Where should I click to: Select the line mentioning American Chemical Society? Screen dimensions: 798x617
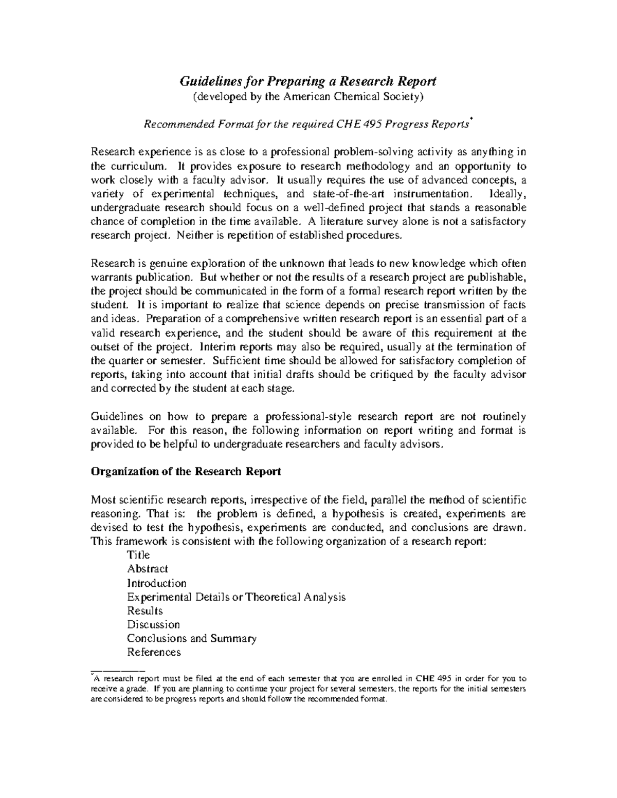[x=307, y=96]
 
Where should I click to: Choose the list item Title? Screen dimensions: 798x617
[x=138, y=555]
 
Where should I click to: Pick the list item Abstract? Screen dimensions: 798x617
[x=147, y=569]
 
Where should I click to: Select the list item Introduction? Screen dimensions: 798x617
[x=156, y=583]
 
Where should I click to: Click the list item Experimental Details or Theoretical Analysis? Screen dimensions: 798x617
[x=236, y=597]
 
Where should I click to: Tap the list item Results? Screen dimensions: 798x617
[x=144, y=611]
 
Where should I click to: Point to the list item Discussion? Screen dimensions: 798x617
[x=153, y=625]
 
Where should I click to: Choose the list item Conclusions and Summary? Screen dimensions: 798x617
[x=191, y=639]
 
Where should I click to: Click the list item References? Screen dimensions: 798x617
[x=154, y=653]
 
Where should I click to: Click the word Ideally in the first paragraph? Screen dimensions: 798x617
[x=508, y=194]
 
